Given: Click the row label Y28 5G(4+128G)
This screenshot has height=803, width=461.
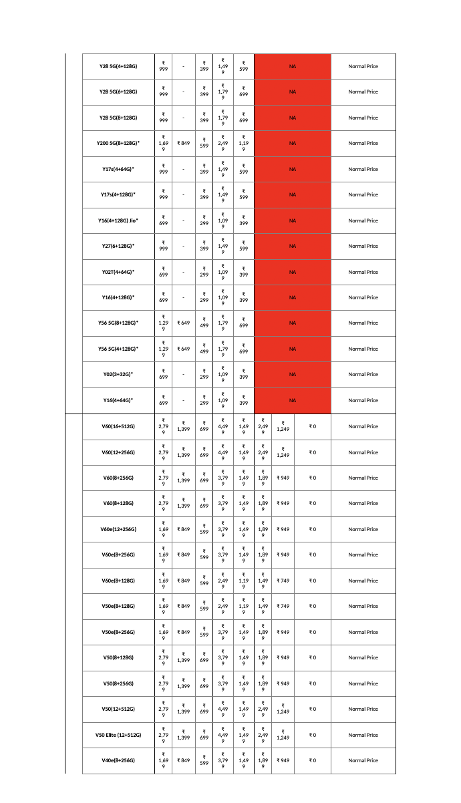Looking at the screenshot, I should [118, 66].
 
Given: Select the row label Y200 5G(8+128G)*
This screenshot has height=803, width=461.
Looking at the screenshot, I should [118, 143].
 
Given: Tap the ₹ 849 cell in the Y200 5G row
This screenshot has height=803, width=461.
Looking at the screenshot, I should [183, 143].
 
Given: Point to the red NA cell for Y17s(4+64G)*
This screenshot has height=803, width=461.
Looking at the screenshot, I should [293, 169].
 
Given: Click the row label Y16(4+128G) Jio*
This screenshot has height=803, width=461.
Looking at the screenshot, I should [118, 220].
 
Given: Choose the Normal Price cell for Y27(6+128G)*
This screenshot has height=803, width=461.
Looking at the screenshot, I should [363, 246].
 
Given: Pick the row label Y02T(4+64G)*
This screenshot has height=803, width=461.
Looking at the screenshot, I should [118, 272].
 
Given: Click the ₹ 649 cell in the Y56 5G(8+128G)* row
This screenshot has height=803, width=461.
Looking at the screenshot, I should [183, 323].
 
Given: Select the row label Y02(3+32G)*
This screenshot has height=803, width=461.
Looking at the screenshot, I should [118, 374].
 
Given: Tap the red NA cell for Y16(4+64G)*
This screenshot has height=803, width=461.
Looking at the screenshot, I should [293, 400].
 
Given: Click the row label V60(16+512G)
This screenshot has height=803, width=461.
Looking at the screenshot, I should [118, 426].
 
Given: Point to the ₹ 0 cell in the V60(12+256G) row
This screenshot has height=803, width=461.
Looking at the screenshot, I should [312, 452].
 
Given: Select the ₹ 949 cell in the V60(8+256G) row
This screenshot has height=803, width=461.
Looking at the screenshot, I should [283, 478].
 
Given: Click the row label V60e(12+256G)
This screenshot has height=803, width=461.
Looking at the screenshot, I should [118, 529].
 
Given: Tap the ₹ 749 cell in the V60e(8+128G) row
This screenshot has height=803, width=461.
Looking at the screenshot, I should [283, 581].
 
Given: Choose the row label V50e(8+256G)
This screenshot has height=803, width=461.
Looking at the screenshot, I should [118, 632].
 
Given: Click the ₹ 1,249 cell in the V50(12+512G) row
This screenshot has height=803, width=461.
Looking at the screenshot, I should [283, 709].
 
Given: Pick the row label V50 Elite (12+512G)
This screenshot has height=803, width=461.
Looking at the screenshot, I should [118, 735].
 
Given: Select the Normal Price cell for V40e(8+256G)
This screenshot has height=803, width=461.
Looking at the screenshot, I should [363, 760].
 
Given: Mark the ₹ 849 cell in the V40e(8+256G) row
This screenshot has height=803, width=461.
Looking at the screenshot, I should [183, 760].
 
